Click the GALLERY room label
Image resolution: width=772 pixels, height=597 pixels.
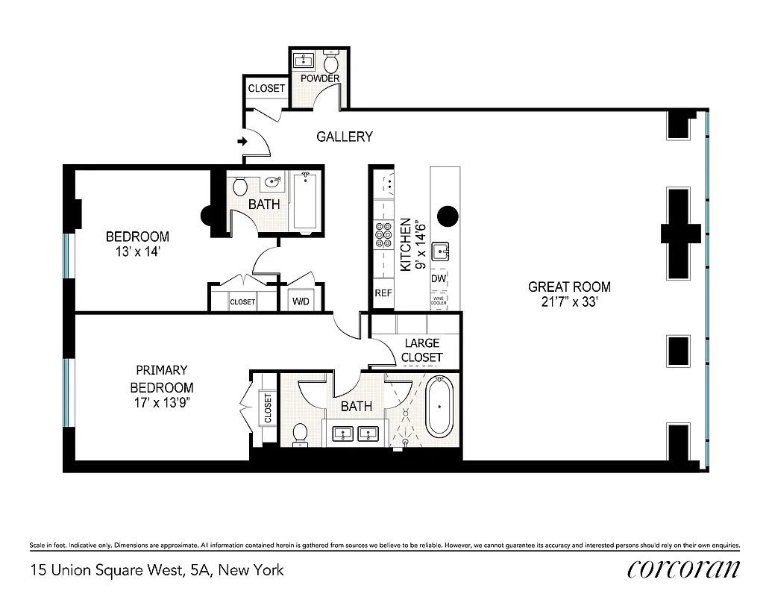[344, 137]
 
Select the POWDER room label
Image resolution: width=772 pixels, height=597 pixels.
[320, 78]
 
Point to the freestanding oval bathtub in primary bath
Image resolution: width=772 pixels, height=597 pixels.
[439, 407]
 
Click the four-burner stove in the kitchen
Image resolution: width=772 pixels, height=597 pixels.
[384, 235]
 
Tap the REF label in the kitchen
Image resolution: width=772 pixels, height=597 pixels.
[383, 293]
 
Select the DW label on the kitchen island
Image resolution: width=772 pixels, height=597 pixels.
[439, 278]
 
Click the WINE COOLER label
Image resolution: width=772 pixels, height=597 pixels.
[439, 300]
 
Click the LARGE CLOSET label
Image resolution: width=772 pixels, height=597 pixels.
[421, 350]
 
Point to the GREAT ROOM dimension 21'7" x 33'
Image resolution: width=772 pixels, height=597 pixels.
[569, 302]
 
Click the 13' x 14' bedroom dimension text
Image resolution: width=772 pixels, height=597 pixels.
[134, 252]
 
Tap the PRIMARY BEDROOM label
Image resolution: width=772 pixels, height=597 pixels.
[161, 378]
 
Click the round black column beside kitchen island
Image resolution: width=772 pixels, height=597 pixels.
[448, 216]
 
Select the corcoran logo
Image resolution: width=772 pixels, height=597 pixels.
[683, 569]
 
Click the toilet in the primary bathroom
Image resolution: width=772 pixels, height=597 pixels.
[300, 434]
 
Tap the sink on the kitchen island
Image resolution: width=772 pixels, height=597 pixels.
[441, 251]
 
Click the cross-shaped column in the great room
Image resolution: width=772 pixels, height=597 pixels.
[680, 232]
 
